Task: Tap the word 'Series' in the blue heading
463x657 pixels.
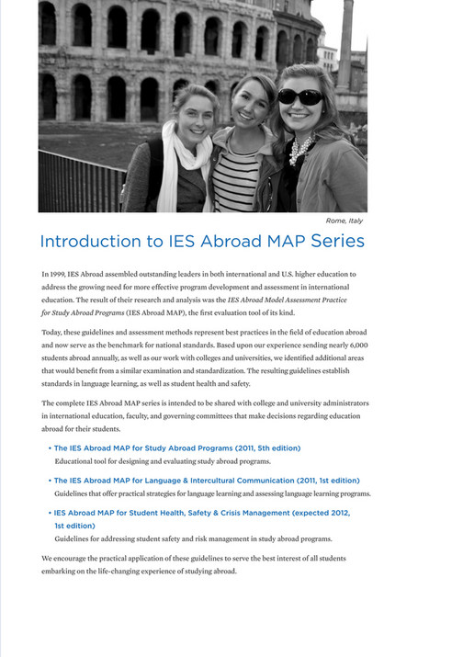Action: pos(333,242)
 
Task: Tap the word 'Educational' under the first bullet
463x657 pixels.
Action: pos(77,460)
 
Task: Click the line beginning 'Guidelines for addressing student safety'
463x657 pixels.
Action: pos(193,538)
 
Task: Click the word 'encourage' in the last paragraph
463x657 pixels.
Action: pos(74,558)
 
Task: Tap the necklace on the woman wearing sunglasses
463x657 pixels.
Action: pos(299,147)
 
